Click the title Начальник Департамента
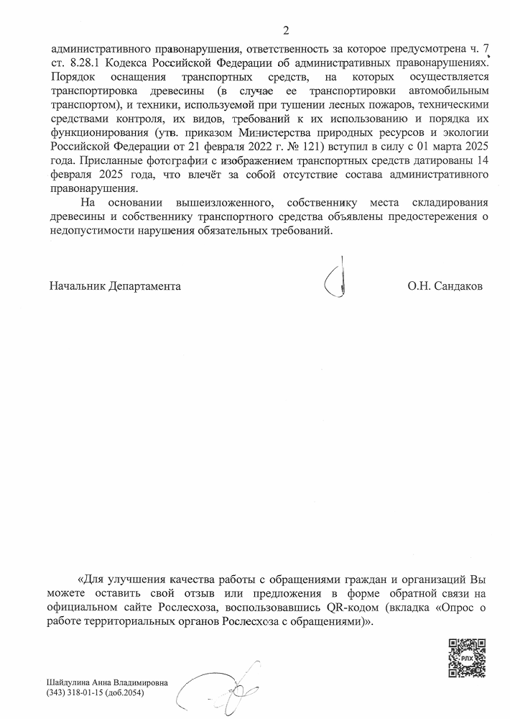tap(115, 286)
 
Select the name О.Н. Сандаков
tap(445, 286)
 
